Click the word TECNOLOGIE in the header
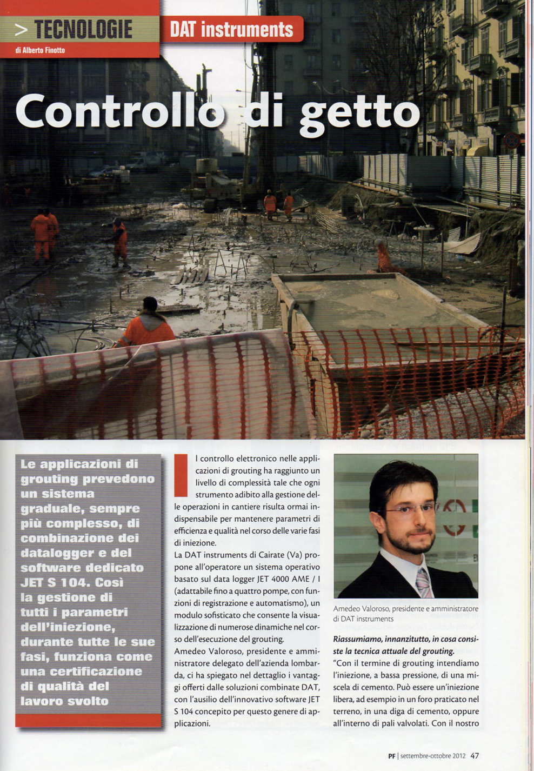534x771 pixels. pyautogui.click(x=83, y=29)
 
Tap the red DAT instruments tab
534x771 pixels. pyautogui.click(x=231, y=29)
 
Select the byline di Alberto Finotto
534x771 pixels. pyautogui.click(x=41, y=50)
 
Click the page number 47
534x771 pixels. pyautogui.click(x=474, y=755)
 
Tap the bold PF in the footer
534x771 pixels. pyautogui.click(x=392, y=756)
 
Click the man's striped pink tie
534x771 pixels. pyautogui.click(x=423, y=582)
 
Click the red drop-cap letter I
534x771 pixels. pyautogui.click(x=181, y=475)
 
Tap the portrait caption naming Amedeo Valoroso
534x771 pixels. pyautogui.click(x=405, y=614)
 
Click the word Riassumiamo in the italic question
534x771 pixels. pyautogui.click(x=358, y=639)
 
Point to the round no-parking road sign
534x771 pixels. pyautogui.click(x=511, y=140)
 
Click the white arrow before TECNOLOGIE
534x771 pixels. pyautogui.click(x=21, y=29)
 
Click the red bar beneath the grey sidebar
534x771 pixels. pyautogui.click(x=88, y=720)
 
